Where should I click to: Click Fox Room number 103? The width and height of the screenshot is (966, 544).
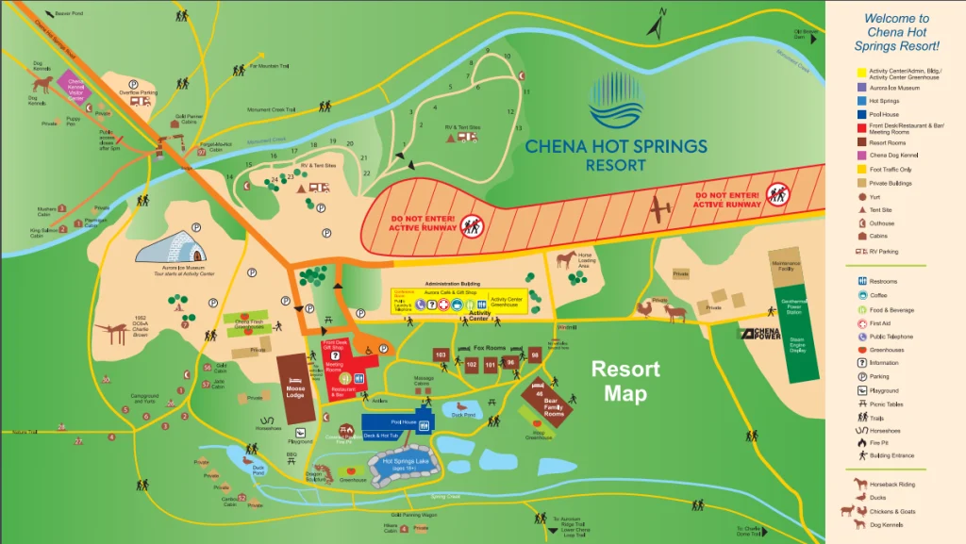[x=441, y=355]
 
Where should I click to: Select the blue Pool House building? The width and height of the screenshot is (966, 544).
[x=396, y=425]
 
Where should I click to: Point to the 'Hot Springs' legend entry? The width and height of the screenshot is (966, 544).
[x=883, y=100]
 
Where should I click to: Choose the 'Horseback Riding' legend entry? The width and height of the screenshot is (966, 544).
[x=890, y=485]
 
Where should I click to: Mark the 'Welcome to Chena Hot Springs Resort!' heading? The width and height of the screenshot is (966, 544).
[x=896, y=32]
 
